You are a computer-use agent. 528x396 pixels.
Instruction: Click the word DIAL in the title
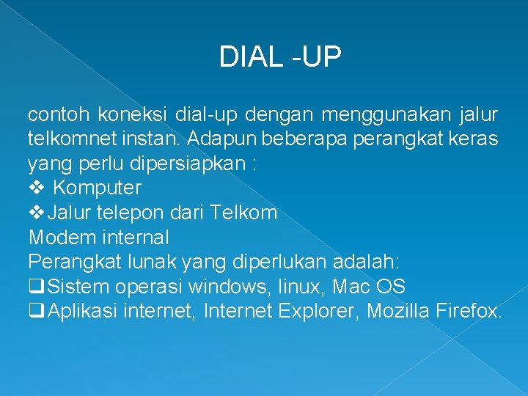tap(249, 57)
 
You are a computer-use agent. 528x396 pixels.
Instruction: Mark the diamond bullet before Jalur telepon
tap(37, 213)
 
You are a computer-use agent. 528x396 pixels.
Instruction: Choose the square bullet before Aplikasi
tap(34, 312)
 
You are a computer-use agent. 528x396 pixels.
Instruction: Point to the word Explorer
tap(318, 312)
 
